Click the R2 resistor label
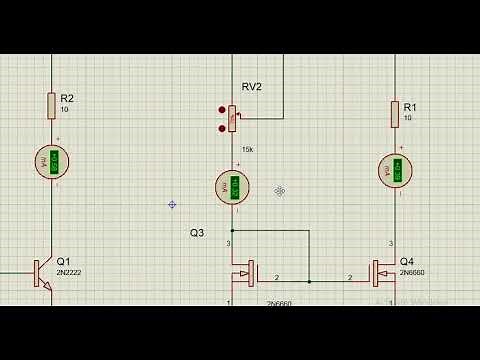67,98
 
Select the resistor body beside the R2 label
51,104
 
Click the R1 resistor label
409,106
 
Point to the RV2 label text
251,87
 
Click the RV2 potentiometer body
233,119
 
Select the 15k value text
247,149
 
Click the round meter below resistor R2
53,161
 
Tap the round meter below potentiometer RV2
233,187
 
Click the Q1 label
64,260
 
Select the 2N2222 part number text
70,272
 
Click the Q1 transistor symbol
40,272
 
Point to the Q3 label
197,232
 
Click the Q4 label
405,260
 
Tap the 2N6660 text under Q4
412,272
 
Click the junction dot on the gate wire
309,281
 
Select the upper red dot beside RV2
222,108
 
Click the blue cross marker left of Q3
172,204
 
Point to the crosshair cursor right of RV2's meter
280,190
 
